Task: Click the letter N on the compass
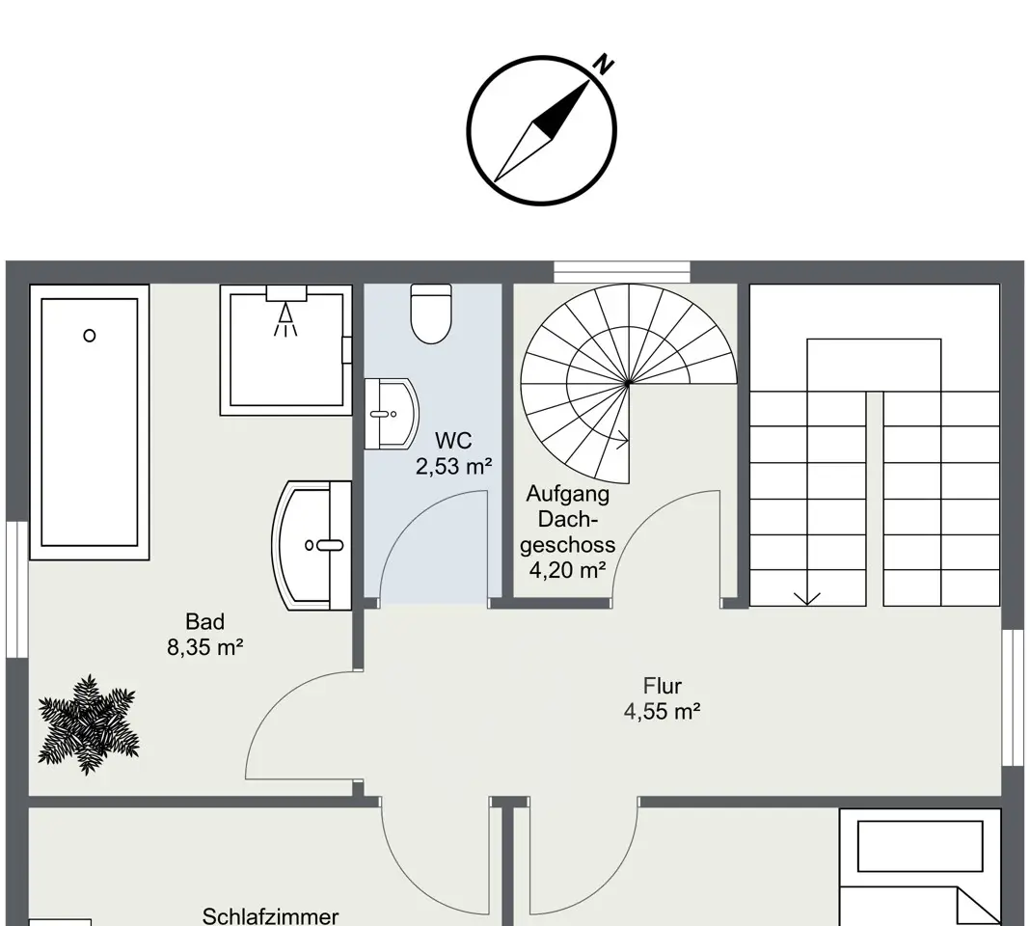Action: point(604,65)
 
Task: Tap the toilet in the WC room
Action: point(431,313)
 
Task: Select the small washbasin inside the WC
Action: point(392,414)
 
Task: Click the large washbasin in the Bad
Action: point(312,545)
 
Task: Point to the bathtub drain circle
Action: point(90,336)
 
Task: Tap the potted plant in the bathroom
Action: point(88,724)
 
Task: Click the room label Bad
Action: point(205,621)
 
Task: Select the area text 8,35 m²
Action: point(205,647)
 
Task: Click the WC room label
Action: point(453,440)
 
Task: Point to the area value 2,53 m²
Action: point(454,466)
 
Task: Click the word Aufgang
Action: point(567,494)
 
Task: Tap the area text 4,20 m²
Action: point(567,570)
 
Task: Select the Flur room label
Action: point(663,686)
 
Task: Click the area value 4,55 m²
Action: point(663,711)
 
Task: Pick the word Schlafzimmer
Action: point(271,916)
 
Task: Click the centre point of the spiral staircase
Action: point(629,383)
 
